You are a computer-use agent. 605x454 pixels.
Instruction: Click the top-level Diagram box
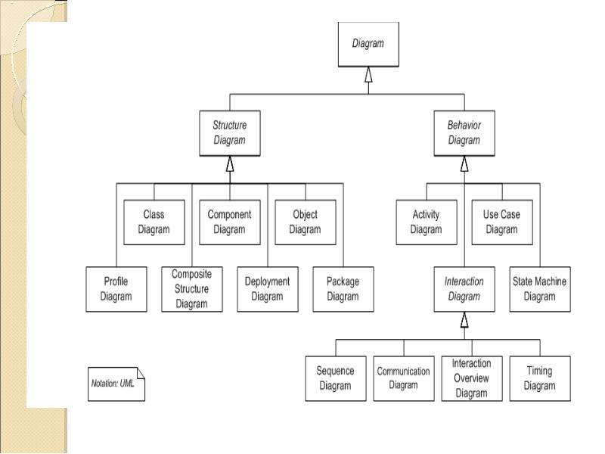pyautogui.click(x=368, y=44)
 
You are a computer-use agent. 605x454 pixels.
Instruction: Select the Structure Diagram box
pyautogui.click(x=230, y=133)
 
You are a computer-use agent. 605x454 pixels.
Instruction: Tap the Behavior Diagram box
pyautogui.click(x=464, y=133)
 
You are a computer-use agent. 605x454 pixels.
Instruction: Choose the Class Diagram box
pyautogui.click(x=154, y=222)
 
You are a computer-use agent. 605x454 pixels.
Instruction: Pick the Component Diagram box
pyautogui.click(x=230, y=222)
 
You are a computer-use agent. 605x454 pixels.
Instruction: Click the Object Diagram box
pyautogui.click(x=306, y=222)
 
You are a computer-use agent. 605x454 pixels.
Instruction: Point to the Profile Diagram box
pyautogui.click(x=116, y=289)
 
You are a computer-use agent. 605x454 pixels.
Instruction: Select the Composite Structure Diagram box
pyautogui.click(x=192, y=289)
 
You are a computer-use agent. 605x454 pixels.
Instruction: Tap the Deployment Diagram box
pyautogui.click(x=268, y=289)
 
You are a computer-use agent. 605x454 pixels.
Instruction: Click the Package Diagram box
pyautogui.click(x=343, y=289)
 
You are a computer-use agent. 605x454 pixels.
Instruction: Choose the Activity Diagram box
pyautogui.click(x=427, y=222)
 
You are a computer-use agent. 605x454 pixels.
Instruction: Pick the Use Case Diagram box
pyautogui.click(x=502, y=222)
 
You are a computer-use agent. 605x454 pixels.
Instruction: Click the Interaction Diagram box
pyautogui.click(x=464, y=289)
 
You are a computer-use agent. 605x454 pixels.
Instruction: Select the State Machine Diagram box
pyautogui.click(x=540, y=289)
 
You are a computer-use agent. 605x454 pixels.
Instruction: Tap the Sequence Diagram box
pyautogui.click(x=336, y=378)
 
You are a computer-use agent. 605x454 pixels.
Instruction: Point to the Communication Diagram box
pyautogui.click(x=404, y=378)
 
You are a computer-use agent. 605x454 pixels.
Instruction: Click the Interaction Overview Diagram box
pyautogui.click(x=472, y=378)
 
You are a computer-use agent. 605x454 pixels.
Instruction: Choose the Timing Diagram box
pyautogui.click(x=540, y=378)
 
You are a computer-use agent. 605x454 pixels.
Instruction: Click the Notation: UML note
pyautogui.click(x=116, y=384)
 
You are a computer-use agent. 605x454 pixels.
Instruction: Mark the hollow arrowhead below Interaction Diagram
pyautogui.click(x=464, y=320)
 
